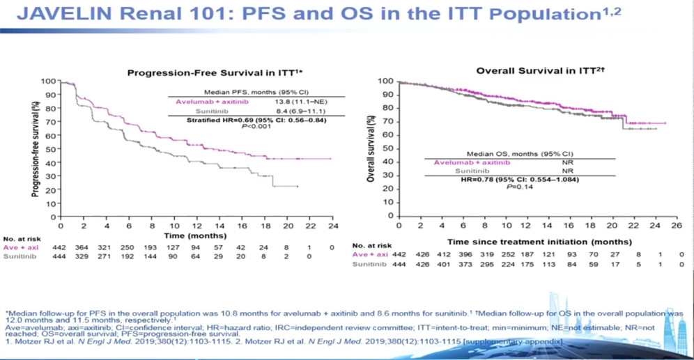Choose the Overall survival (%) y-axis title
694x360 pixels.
371,149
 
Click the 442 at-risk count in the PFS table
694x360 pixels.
61,247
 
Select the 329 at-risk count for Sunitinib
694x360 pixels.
84,257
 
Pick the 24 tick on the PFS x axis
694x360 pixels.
332,226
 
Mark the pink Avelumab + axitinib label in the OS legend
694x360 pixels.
472,163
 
